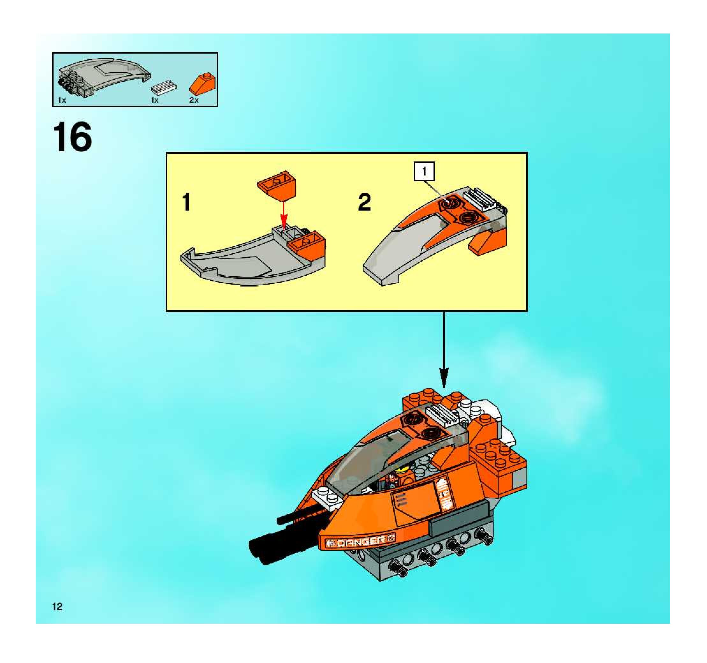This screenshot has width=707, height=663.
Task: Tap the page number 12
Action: (x=57, y=607)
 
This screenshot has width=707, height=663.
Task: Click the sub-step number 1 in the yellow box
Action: (x=186, y=203)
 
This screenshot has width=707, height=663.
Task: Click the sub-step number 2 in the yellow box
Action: (x=365, y=203)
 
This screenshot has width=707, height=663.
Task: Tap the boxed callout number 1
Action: (x=424, y=172)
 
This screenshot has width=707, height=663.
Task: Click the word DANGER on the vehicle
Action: (x=361, y=542)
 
